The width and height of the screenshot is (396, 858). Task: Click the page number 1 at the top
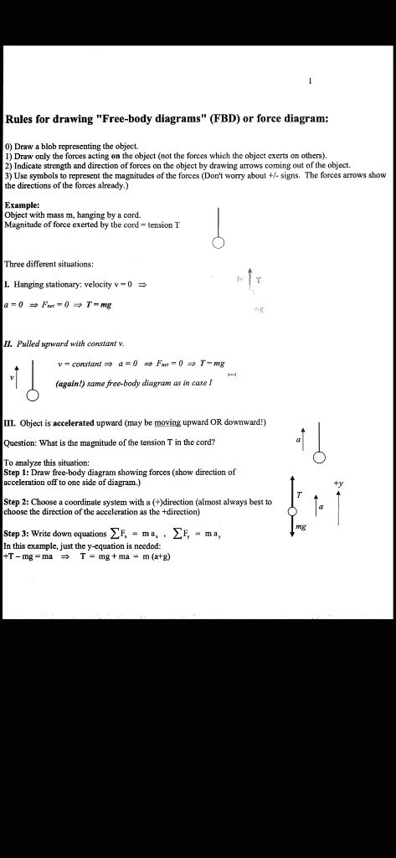point(310,81)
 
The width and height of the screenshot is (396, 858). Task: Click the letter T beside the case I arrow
point(259,280)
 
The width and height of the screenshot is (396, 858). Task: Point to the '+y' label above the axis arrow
point(338,483)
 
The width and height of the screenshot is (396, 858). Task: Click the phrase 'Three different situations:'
point(46,264)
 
